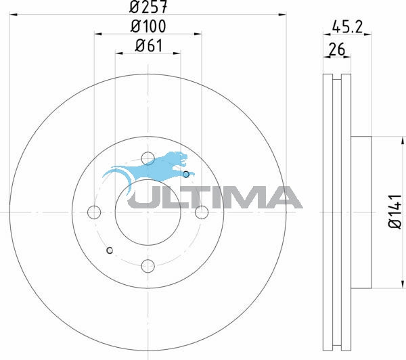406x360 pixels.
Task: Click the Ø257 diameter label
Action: click(148, 7)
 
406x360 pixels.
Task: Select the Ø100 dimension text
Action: click(148, 26)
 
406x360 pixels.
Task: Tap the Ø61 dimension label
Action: click(149, 46)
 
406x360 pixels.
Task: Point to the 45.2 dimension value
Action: click(348, 26)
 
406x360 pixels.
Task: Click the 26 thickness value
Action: click(337, 49)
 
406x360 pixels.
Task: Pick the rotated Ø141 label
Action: click(395, 211)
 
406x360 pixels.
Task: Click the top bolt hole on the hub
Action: click(148, 158)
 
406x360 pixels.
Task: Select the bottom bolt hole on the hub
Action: click(148, 266)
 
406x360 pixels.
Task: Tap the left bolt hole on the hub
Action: click(94, 212)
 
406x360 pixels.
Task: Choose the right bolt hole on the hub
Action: click(202, 212)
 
